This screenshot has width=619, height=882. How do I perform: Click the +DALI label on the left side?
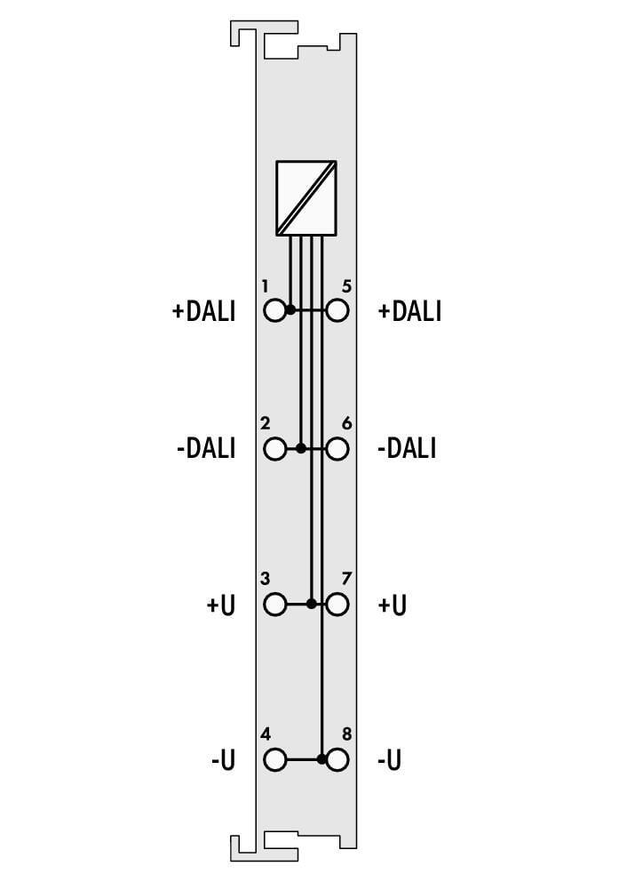click(x=203, y=311)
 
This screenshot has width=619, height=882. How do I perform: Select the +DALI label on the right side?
click(x=410, y=311)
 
